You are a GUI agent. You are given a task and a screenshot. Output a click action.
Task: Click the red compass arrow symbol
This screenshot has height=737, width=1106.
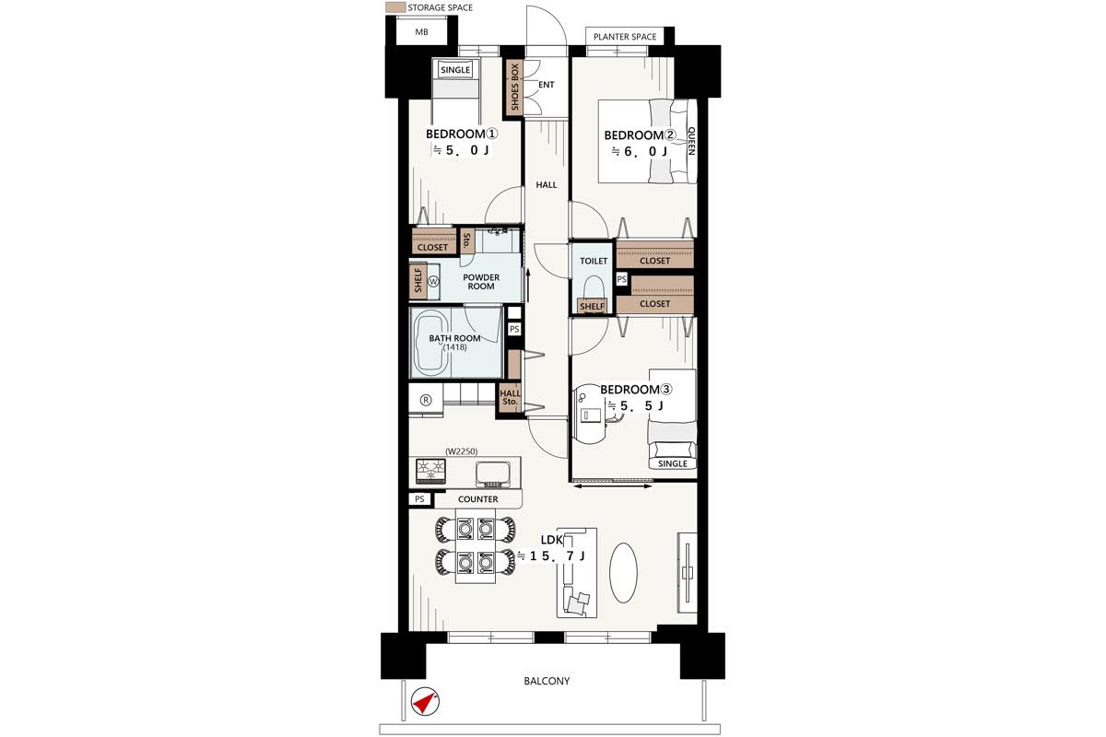click(x=425, y=701)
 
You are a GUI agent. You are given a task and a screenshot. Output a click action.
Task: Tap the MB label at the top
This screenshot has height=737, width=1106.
click(x=421, y=32)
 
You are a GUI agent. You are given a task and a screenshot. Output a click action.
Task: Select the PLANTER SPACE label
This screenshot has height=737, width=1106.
click(x=625, y=37)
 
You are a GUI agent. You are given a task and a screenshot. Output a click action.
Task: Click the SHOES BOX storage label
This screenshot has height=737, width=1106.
click(x=515, y=87)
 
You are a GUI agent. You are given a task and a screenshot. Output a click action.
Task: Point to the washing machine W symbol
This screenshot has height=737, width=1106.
click(x=433, y=281)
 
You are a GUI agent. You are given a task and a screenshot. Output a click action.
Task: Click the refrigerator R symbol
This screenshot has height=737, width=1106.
click(x=426, y=400)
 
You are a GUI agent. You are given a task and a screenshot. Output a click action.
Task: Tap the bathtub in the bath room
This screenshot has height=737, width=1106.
click(x=431, y=344)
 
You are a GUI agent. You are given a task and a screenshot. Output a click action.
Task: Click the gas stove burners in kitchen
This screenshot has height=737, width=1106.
click(x=431, y=471)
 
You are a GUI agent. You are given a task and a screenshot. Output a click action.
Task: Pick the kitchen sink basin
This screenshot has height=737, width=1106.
click(x=492, y=474)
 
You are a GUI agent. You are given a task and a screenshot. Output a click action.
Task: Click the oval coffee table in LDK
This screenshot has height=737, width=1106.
click(x=623, y=572)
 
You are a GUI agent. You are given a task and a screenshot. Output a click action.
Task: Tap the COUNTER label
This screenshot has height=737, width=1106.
click(x=477, y=499)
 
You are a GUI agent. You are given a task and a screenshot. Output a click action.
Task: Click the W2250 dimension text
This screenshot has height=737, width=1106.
click(x=461, y=451)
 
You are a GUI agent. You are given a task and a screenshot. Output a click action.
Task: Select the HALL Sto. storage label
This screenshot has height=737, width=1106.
click(x=510, y=397)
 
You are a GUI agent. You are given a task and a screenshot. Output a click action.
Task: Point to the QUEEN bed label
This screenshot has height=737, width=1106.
click(x=691, y=141)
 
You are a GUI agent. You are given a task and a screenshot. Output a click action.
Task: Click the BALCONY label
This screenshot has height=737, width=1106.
click(x=547, y=681)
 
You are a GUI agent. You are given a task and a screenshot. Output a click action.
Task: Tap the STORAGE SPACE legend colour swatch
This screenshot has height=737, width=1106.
click(x=395, y=7)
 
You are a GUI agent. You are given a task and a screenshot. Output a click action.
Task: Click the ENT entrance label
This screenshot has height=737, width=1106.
click(x=546, y=85)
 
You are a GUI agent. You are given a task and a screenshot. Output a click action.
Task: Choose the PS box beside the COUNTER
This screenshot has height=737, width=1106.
click(x=419, y=499)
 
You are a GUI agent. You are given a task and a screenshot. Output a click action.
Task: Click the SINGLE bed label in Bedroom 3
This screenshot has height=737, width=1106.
click(x=673, y=463)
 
